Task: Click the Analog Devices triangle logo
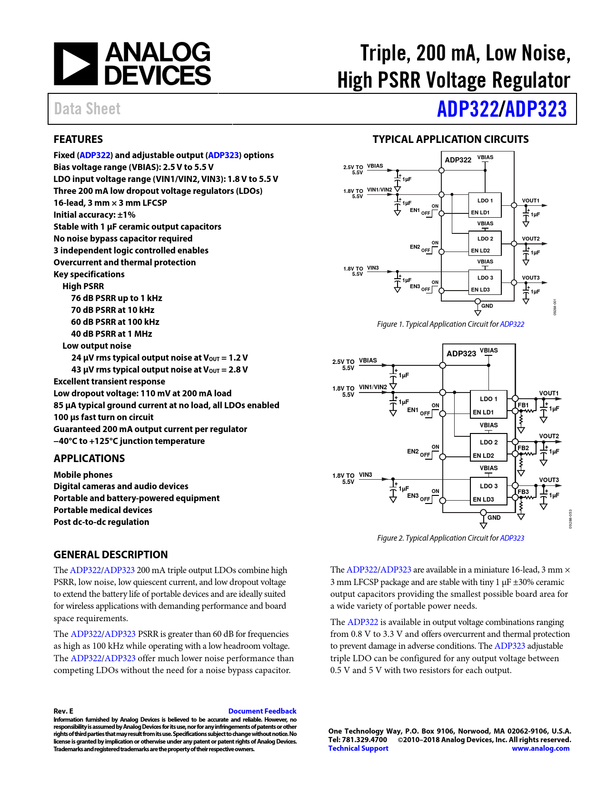tap(76, 64)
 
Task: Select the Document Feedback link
tap(262, 711)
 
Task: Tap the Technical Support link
tap(358, 748)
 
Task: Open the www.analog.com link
tap(540, 748)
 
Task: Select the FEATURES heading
tap(78, 140)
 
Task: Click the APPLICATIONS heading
tap(89, 459)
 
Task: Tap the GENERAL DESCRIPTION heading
tap(110, 555)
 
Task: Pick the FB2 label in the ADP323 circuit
tap(523, 448)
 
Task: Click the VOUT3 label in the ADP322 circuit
tap(531, 278)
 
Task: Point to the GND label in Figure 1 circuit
tap(487, 306)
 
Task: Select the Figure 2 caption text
tap(450, 538)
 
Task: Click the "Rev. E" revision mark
tap(63, 711)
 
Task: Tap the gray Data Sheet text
tap(87, 109)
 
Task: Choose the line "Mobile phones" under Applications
tap(83, 475)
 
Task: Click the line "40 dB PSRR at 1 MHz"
tap(111, 334)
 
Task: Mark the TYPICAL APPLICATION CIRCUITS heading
tap(450, 140)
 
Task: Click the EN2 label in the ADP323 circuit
tap(413, 451)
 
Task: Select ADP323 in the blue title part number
tap(536, 109)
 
